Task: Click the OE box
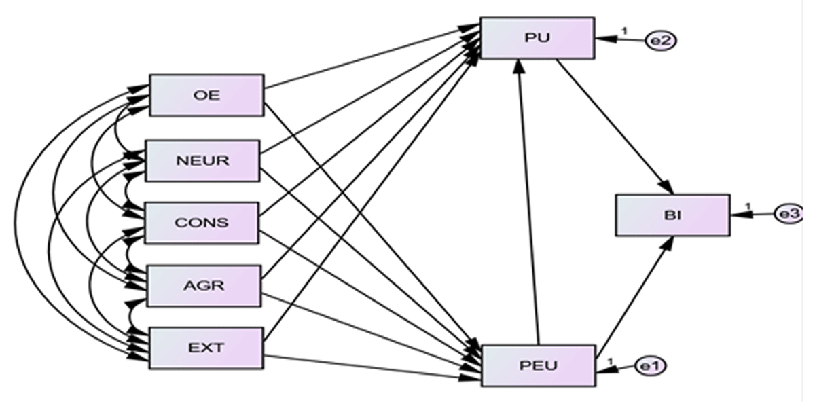point(206,95)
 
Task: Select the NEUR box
point(202,160)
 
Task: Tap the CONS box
point(202,223)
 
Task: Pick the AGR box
point(204,286)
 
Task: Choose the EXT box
point(206,348)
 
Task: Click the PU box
point(537,37)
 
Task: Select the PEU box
point(539,365)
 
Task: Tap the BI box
point(673,215)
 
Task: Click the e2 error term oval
point(661,41)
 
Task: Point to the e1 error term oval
point(651,366)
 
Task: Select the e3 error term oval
point(789,214)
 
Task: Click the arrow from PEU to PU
point(528,202)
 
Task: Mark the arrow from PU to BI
point(615,126)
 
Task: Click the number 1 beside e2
point(625,31)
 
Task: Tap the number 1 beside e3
point(748,206)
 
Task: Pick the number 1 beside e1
point(611,361)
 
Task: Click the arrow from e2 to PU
point(620,39)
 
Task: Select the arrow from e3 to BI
point(752,215)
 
